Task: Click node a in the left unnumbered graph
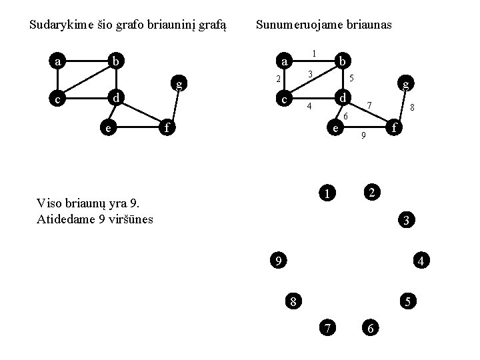click(59, 62)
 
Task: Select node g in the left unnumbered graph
click(179, 83)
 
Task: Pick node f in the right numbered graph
click(395, 126)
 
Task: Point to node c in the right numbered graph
click(285, 99)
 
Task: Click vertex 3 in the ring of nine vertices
click(406, 220)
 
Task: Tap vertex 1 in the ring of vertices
click(327, 194)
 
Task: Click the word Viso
click(51, 203)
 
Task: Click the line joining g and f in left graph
click(175, 105)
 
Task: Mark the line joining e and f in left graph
click(139, 126)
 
